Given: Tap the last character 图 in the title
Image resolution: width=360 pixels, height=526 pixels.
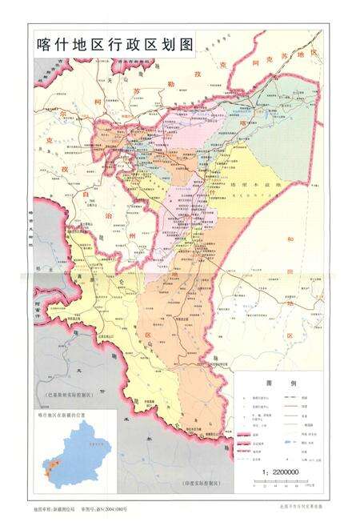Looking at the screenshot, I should pyautogui.click(x=186, y=46).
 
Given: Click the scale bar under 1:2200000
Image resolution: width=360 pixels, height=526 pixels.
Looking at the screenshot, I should pyautogui.click(x=279, y=482).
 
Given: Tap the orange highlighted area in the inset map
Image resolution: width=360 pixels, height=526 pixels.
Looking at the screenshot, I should pyautogui.click(x=49, y=466).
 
